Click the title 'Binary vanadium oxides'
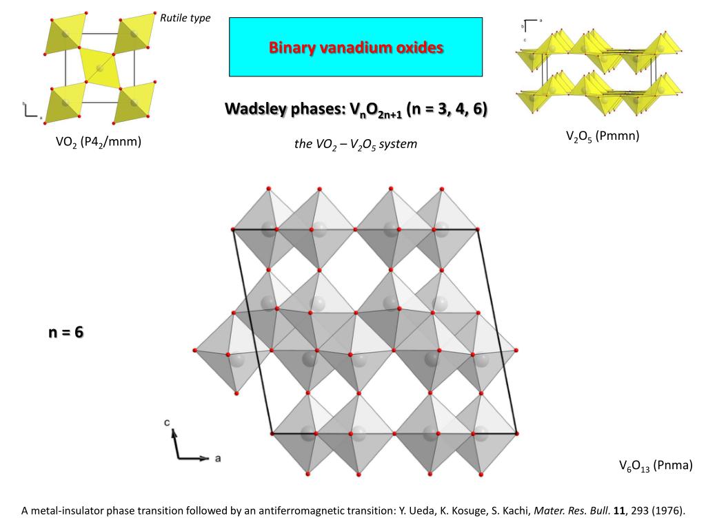point(356,48)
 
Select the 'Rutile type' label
point(185,18)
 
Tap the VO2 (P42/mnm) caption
point(99,143)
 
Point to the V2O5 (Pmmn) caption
point(603,136)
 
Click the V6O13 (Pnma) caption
point(655,466)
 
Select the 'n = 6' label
point(65,332)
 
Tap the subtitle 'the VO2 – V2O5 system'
point(355,145)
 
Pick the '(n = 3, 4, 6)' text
point(447,110)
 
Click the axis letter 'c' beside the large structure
point(168,422)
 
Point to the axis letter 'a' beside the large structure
point(218,458)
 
